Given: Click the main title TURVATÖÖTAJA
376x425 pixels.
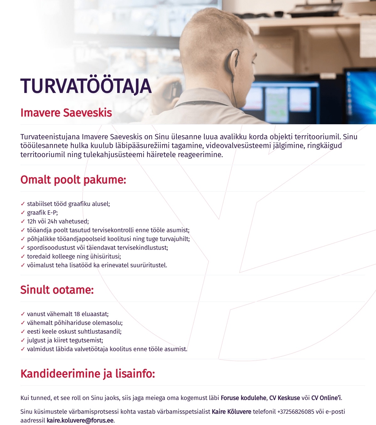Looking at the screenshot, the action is pyautogui.click(x=86, y=86).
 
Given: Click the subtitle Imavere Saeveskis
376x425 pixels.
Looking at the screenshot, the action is pyautogui.click(x=66, y=113).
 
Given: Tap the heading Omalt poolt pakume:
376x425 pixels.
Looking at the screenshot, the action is pyautogui.click(x=73, y=180).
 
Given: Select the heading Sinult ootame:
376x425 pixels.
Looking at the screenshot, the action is pyautogui.click(x=57, y=290).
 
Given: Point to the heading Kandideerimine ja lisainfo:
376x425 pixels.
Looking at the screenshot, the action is pyautogui.click(x=88, y=374).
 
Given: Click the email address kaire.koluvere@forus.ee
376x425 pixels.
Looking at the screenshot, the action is pyautogui.click(x=80, y=420).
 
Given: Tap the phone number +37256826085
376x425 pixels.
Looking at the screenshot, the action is pyautogui.click(x=295, y=412).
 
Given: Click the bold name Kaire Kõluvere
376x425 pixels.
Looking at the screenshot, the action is pyautogui.click(x=232, y=412).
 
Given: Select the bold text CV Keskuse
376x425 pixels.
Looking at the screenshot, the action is pyautogui.click(x=285, y=398).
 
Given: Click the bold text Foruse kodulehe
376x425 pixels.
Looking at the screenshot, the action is pyautogui.click(x=243, y=398).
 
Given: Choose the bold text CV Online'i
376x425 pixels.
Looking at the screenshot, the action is pyautogui.click(x=326, y=398).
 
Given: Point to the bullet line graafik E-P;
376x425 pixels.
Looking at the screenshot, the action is pyautogui.click(x=42, y=212).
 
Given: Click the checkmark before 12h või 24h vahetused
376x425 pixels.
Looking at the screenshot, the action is pyautogui.click(x=23, y=221).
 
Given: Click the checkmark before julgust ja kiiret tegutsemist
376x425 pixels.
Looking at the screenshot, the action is pyautogui.click(x=23, y=340).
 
